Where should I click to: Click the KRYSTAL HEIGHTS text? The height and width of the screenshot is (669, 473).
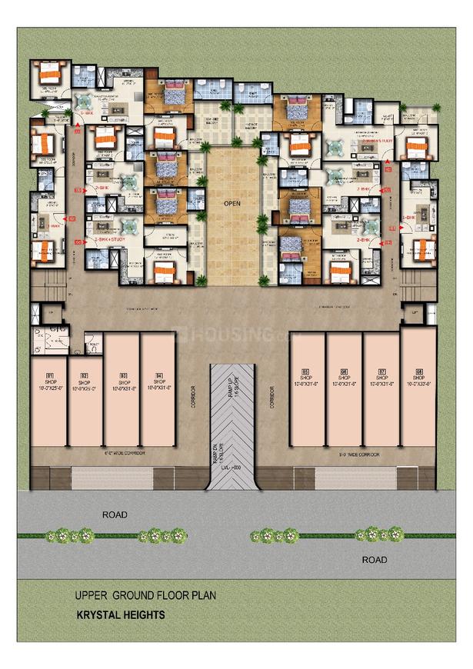[x=120, y=615]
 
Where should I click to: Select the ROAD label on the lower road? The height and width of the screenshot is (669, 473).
[x=375, y=560]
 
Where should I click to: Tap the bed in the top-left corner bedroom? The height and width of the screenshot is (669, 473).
[x=50, y=73]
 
